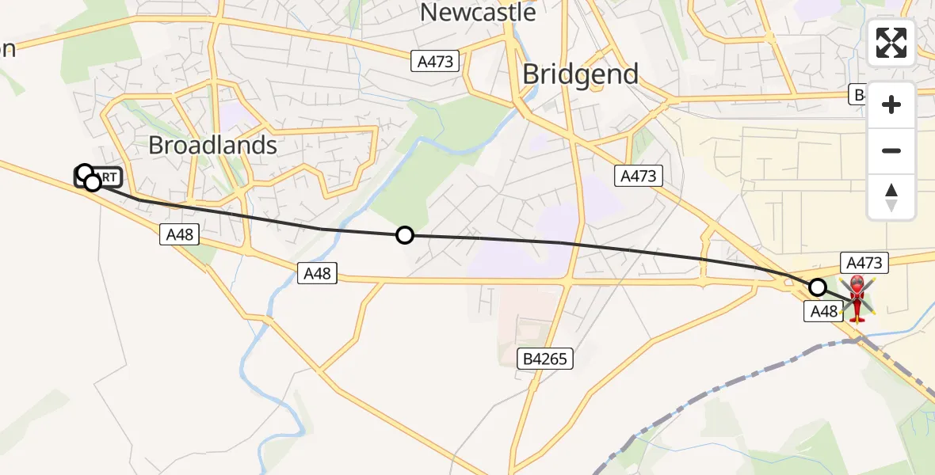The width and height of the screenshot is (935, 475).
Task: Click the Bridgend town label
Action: (x=581, y=74)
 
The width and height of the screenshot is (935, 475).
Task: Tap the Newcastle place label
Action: (x=477, y=12)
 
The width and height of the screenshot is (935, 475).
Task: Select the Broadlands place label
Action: (x=213, y=145)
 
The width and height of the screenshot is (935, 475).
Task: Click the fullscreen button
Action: (x=891, y=43)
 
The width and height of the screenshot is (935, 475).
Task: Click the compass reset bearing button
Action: (x=891, y=197)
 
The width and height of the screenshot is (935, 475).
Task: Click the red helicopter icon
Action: (x=857, y=296)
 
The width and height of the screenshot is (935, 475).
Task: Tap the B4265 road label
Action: (x=546, y=359)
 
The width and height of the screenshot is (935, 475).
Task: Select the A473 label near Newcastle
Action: (x=435, y=61)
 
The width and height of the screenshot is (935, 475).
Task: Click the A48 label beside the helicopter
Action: (x=824, y=312)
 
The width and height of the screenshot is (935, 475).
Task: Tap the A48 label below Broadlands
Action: (x=179, y=234)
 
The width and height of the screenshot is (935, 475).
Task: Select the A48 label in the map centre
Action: (x=317, y=273)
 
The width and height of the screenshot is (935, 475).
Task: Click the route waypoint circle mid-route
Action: (x=405, y=235)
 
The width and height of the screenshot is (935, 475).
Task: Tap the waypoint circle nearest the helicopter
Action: (x=818, y=287)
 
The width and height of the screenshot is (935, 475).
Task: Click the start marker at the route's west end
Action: (x=85, y=173)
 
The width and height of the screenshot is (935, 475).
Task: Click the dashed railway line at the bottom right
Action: (x=713, y=388)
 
